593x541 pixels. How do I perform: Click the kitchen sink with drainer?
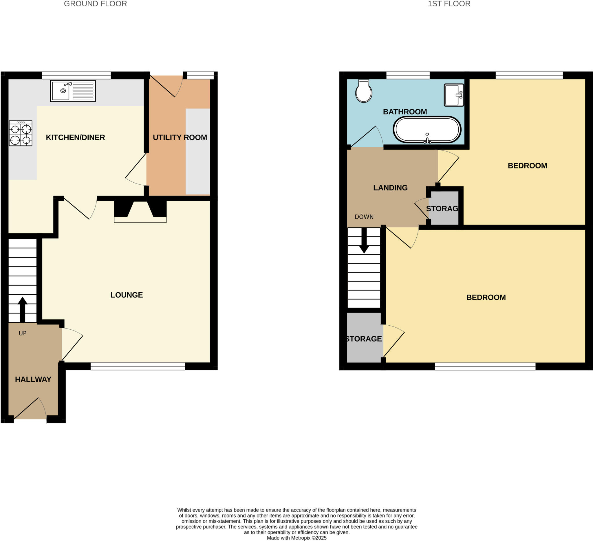(x=73, y=91)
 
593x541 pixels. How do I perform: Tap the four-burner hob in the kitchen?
(x=20, y=133)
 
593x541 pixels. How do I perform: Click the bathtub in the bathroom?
(x=427, y=130)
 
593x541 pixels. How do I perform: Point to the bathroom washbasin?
(x=453, y=95)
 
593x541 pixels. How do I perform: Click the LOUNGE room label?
(x=127, y=295)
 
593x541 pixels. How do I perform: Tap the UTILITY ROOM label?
(x=180, y=137)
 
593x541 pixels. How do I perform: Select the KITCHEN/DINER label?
(x=75, y=137)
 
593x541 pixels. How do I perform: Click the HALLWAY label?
(x=33, y=379)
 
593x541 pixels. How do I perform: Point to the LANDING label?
(x=390, y=188)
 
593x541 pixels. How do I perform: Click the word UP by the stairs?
(x=22, y=333)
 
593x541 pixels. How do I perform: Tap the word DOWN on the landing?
(x=364, y=217)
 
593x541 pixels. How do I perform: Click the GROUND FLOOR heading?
(x=95, y=4)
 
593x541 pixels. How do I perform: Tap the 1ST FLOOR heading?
(x=449, y=4)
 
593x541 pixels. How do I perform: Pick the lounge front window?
(x=138, y=366)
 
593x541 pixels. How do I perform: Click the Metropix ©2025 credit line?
(x=296, y=538)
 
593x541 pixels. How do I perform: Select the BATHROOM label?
(x=405, y=112)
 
